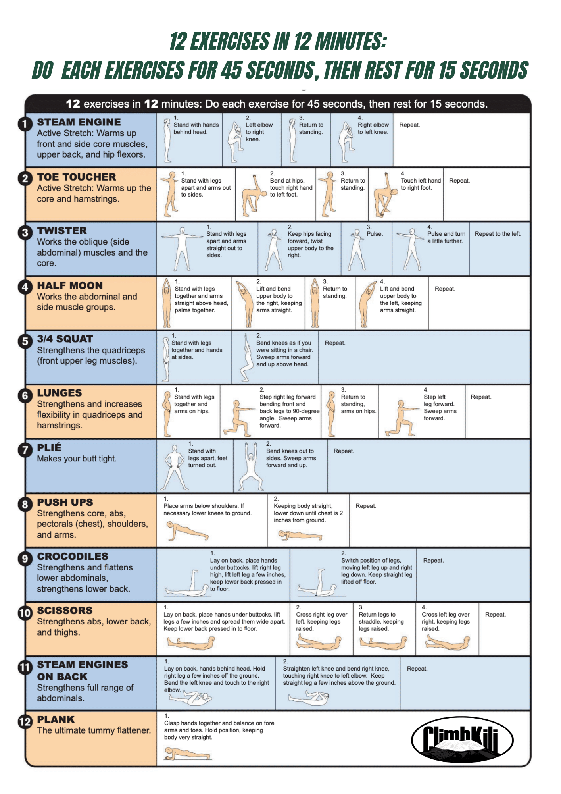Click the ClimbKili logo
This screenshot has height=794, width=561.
pos(462,740)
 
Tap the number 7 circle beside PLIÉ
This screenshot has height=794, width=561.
pos(25,450)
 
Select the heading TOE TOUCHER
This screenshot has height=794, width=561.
pos(77,177)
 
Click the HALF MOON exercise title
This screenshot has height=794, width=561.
pos(70,285)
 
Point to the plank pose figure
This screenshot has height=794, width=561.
pos(186,753)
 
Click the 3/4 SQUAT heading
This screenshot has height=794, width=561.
pos(65,339)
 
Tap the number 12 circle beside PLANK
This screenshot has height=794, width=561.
pos(25,721)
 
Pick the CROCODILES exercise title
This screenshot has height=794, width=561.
pos(73,556)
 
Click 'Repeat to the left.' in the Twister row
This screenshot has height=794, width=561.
pos(498,234)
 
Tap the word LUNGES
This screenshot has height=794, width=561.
pos(60,393)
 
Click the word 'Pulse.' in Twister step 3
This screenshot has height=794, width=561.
pos(375,234)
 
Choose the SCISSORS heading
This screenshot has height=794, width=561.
pos(65,610)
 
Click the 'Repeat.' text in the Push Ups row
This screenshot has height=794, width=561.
pos(366,506)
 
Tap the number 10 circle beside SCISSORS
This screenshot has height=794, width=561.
pos(25,613)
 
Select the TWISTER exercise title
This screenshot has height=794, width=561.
pos(62,231)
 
